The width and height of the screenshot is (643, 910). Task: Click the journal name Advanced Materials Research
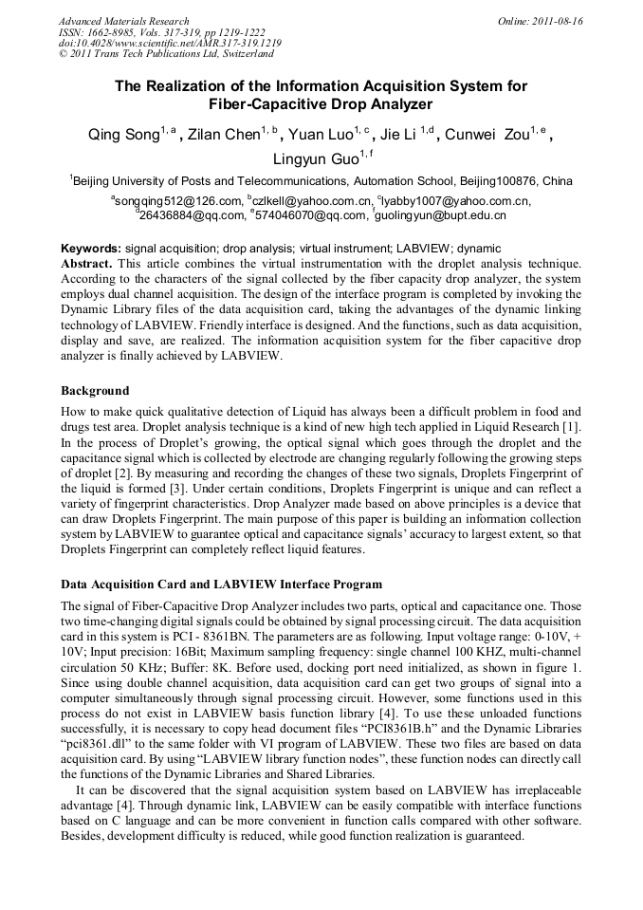coord(123,21)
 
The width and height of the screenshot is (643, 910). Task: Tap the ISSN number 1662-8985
coord(112,32)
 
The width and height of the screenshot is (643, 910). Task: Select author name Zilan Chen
coord(223,135)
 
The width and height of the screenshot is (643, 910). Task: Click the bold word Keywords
coord(89,248)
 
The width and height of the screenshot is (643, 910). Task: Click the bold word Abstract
coord(86,261)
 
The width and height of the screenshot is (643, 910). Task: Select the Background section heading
coord(95,391)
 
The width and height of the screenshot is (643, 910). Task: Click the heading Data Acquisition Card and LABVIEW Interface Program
coord(221,585)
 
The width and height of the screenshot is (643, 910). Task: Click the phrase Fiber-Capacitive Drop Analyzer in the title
coord(321,104)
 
